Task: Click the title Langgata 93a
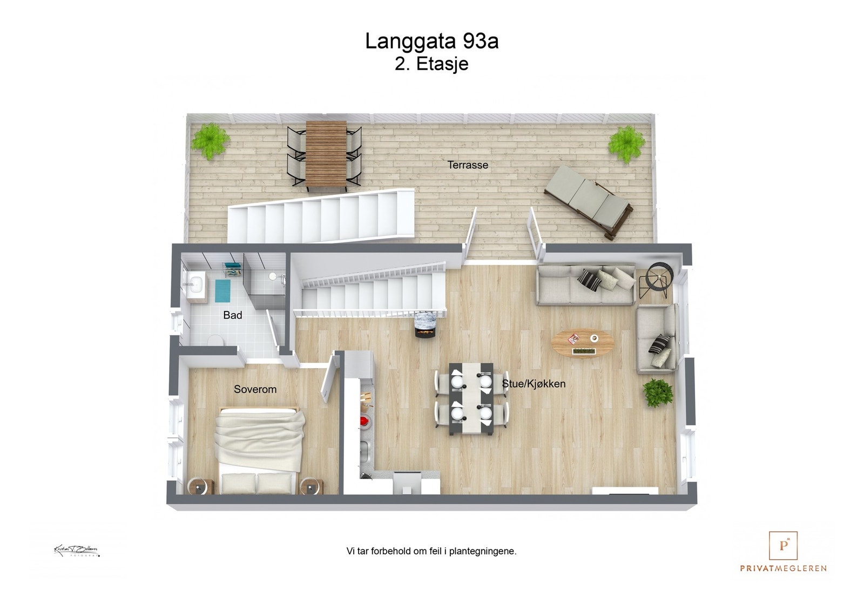[x=431, y=42]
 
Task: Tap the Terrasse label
[x=468, y=165]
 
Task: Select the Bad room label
[x=233, y=315]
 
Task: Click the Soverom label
[x=255, y=389]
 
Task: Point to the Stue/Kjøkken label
[x=534, y=384]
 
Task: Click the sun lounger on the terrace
[x=588, y=201]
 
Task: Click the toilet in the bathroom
[x=217, y=340]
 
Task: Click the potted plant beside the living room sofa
[x=657, y=392]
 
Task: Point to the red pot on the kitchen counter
[x=364, y=420]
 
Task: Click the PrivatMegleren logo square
[x=782, y=546]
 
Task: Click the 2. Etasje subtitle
[x=431, y=64]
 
